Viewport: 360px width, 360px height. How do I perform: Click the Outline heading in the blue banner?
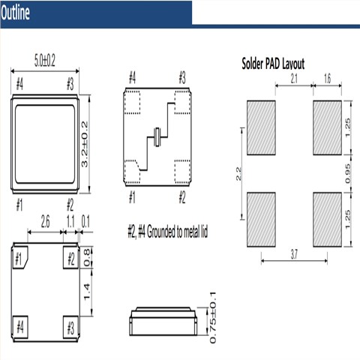point(16,13)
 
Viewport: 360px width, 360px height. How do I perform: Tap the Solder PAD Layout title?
point(273,64)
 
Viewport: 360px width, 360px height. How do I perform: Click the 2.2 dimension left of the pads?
point(238,175)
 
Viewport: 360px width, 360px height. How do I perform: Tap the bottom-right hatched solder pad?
point(327,218)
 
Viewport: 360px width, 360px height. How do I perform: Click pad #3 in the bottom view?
point(70,328)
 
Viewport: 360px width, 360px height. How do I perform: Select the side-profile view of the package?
point(165,321)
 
